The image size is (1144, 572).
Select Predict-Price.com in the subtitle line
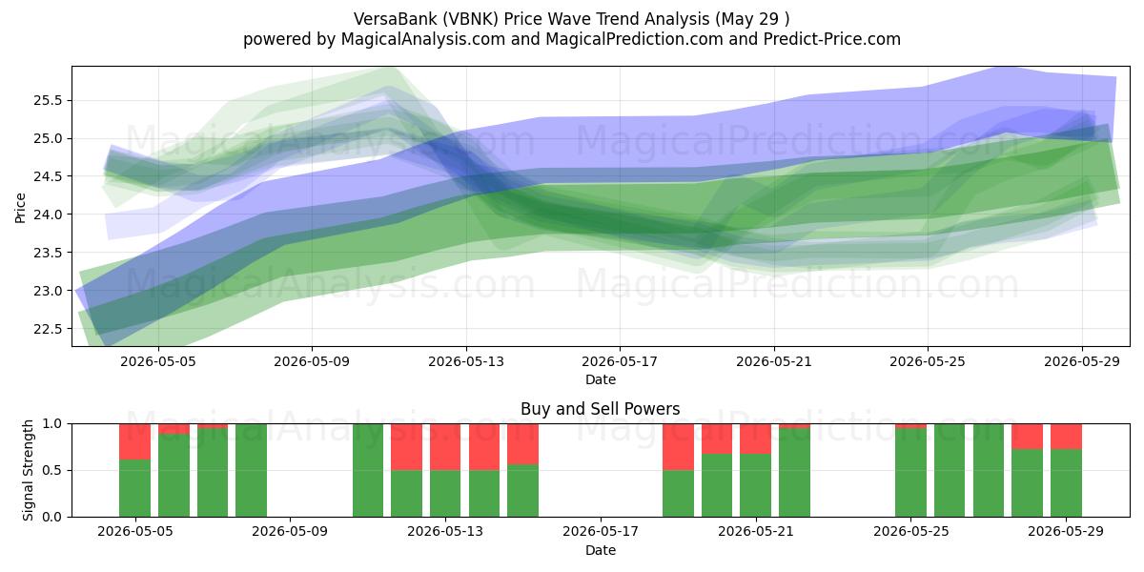coord(832,39)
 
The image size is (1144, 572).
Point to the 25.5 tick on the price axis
coord(48,101)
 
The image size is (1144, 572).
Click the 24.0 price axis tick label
coord(48,215)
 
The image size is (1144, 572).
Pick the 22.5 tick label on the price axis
coord(48,329)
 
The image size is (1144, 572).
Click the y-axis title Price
coord(20,208)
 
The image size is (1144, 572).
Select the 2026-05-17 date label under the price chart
coord(620,361)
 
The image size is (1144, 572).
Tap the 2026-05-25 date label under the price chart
coord(928,361)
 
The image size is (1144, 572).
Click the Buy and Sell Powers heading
coord(600,409)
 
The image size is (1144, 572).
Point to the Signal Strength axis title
coord(28,470)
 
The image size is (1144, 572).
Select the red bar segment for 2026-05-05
coord(134,441)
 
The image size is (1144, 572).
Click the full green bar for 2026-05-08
coord(252,470)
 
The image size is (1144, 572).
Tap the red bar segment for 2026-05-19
coord(678,447)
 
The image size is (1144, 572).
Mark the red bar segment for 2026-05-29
coord(1066,437)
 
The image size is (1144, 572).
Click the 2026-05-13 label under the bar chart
coord(445,532)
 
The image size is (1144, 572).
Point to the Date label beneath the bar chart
coord(600,551)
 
